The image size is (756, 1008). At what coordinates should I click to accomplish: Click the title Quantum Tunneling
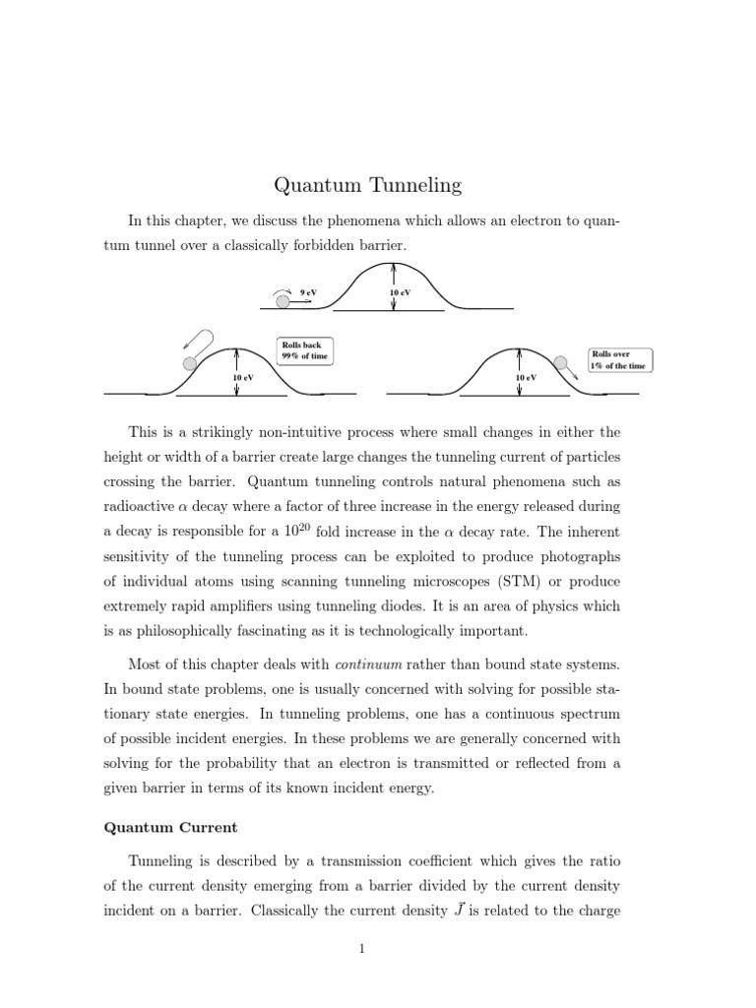366,184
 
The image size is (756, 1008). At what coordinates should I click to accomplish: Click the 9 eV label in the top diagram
308,292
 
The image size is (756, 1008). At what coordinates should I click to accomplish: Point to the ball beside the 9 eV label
283,301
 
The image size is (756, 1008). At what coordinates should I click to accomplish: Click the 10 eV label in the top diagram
400,293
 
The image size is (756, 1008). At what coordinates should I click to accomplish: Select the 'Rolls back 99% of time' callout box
304,351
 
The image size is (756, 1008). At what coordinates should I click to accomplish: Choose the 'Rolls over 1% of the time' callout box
620,359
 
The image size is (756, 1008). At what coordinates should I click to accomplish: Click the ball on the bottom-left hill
189,364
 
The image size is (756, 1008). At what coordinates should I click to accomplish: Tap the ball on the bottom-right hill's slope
560,363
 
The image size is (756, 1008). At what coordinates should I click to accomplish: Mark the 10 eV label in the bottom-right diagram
526,378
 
